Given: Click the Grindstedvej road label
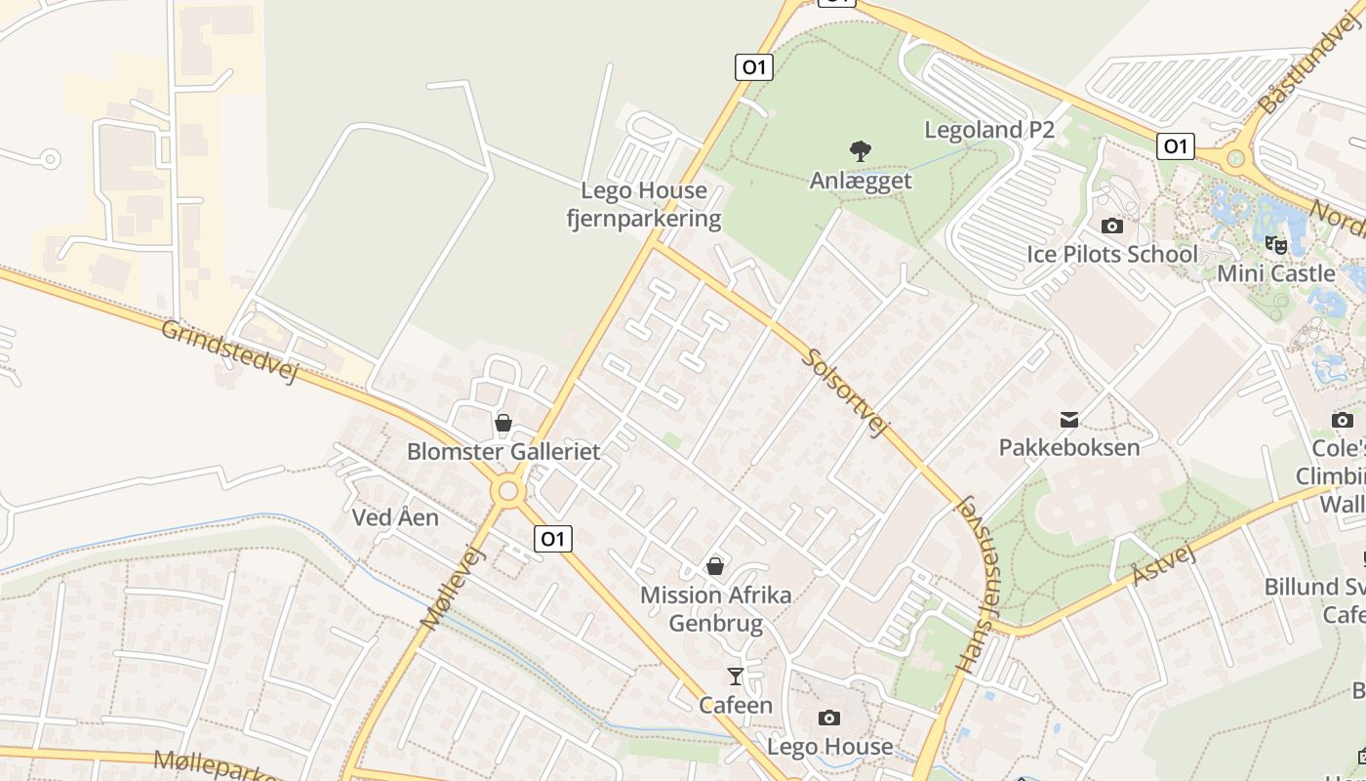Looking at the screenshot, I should pyautogui.click(x=228, y=350).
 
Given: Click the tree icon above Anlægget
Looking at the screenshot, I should pyautogui.click(x=860, y=151).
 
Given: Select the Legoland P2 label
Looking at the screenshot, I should pyautogui.click(x=989, y=130).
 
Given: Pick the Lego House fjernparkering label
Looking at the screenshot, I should pyautogui.click(x=644, y=205).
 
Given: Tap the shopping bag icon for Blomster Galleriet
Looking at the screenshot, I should pyautogui.click(x=503, y=423).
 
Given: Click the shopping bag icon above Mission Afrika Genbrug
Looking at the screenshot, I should pyautogui.click(x=715, y=566).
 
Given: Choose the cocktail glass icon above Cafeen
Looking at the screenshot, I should pyautogui.click(x=736, y=676).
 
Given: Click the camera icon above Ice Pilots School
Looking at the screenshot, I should pyautogui.click(x=1111, y=226).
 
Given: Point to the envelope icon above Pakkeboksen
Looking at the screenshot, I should pyautogui.click(x=1069, y=420).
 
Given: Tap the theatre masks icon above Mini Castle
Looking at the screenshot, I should pyautogui.click(x=1275, y=244).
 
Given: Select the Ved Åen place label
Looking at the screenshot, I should pyautogui.click(x=395, y=517).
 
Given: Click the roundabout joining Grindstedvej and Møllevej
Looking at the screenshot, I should pyautogui.click(x=508, y=490).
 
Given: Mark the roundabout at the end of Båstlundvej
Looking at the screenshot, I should pyautogui.click(x=1236, y=154).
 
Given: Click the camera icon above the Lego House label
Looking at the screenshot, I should pyautogui.click(x=828, y=719).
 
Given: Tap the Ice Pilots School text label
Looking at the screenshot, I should pyautogui.click(x=1112, y=255).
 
